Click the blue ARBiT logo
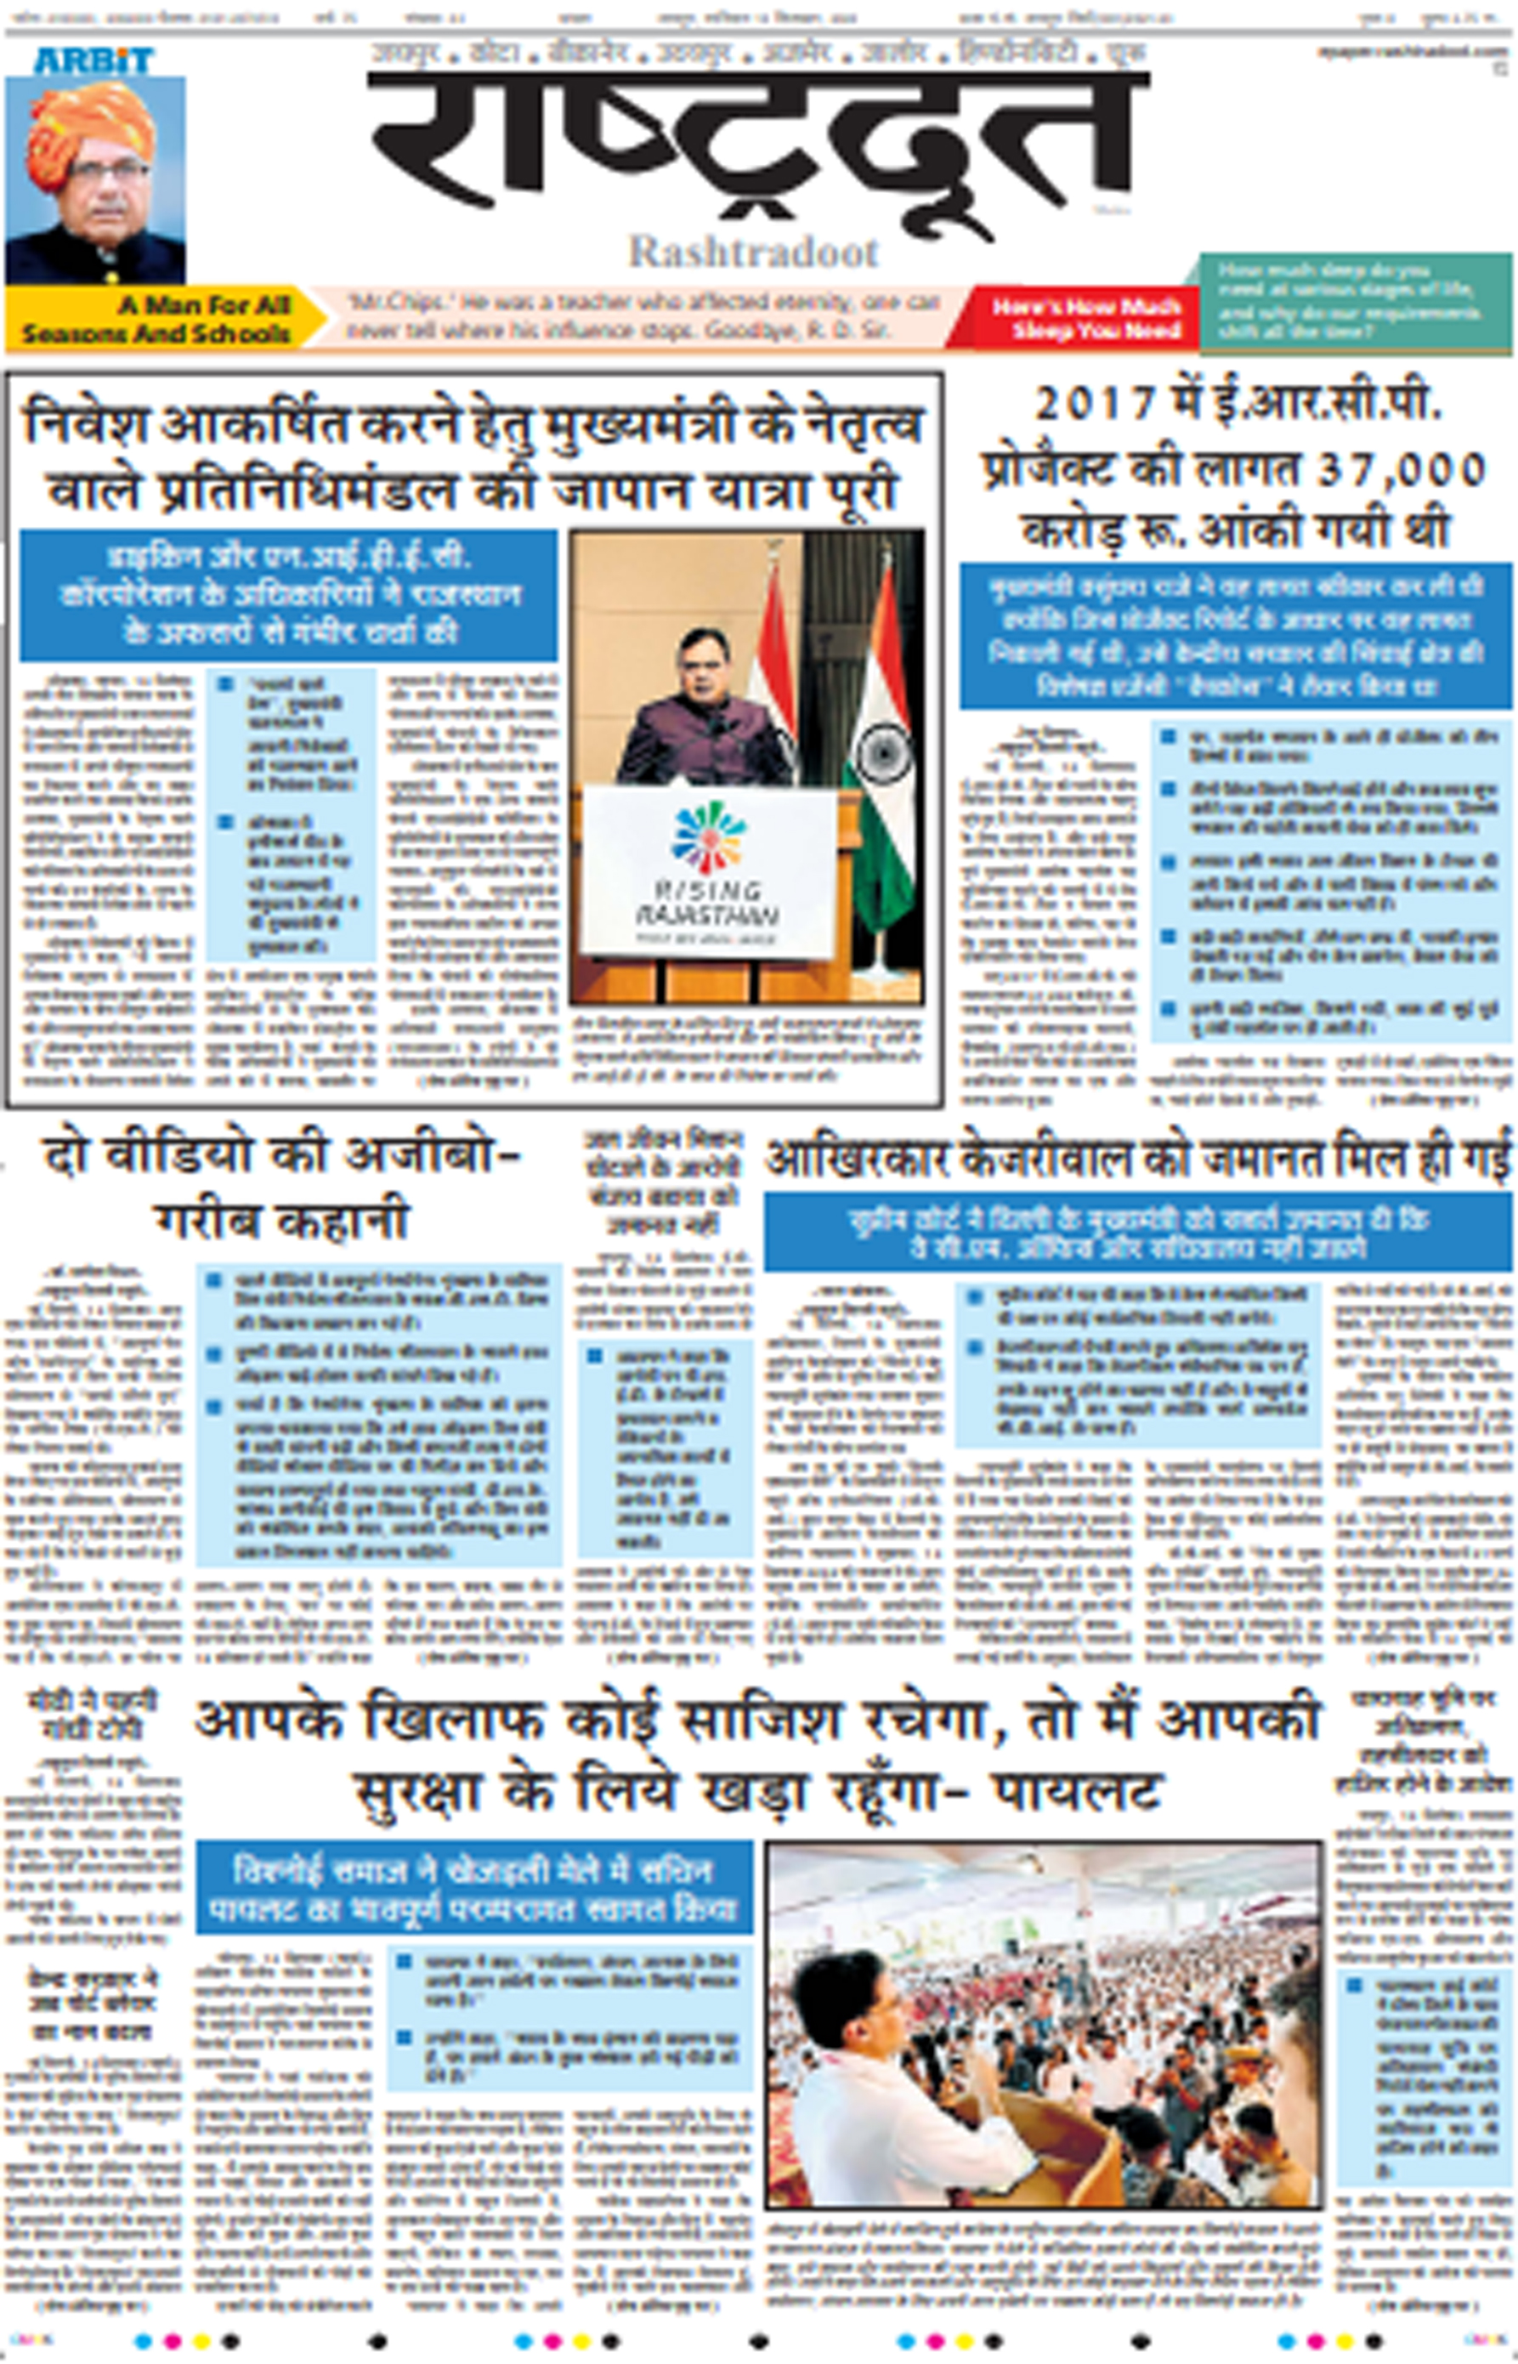point(94,60)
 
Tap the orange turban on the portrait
point(91,133)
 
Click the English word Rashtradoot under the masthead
point(753,252)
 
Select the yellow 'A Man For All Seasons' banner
point(162,319)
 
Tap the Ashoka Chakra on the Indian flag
point(881,754)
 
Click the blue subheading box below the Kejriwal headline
point(1137,1233)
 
